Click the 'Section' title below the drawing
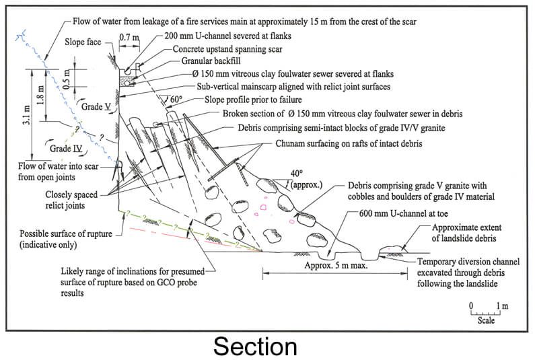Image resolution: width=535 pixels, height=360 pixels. coord(255,347)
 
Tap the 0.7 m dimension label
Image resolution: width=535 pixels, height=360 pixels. coord(129,36)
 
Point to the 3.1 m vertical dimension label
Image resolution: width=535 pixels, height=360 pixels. coord(28,115)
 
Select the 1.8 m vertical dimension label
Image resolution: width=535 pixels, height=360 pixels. coord(41,94)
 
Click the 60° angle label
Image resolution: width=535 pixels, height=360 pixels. coord(176,100)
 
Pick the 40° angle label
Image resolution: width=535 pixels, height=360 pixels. coord(296,174)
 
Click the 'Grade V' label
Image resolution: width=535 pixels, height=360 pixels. coord(96,107)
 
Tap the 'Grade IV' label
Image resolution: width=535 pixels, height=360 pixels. coord(66,149)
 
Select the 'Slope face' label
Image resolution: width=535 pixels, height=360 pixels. coord(83,42)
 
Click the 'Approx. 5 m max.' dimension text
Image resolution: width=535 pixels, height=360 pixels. coord(336,265)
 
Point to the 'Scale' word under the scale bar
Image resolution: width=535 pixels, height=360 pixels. coord(486,320)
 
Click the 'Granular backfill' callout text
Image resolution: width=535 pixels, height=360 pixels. coord(211,61)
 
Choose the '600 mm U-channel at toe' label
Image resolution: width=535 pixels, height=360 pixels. coord(404,213)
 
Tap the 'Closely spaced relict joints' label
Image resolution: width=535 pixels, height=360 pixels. coord(71,200)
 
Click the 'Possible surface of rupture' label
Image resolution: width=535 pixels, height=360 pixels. coord(66,239)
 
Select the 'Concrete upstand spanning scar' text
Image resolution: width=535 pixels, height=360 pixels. coord(227,49)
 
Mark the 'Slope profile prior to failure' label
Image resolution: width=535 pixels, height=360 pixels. coord(253,100)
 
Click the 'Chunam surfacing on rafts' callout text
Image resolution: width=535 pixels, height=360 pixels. coord(349,143)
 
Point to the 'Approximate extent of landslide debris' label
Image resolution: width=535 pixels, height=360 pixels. coord(466,233)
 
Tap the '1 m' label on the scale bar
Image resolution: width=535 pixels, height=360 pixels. coord(502,305)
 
